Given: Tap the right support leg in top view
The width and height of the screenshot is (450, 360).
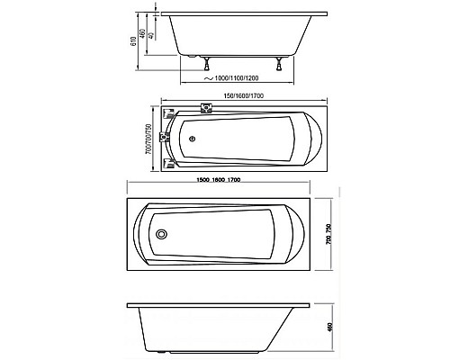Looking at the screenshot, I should pyautogui.click(x=285, y=64).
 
